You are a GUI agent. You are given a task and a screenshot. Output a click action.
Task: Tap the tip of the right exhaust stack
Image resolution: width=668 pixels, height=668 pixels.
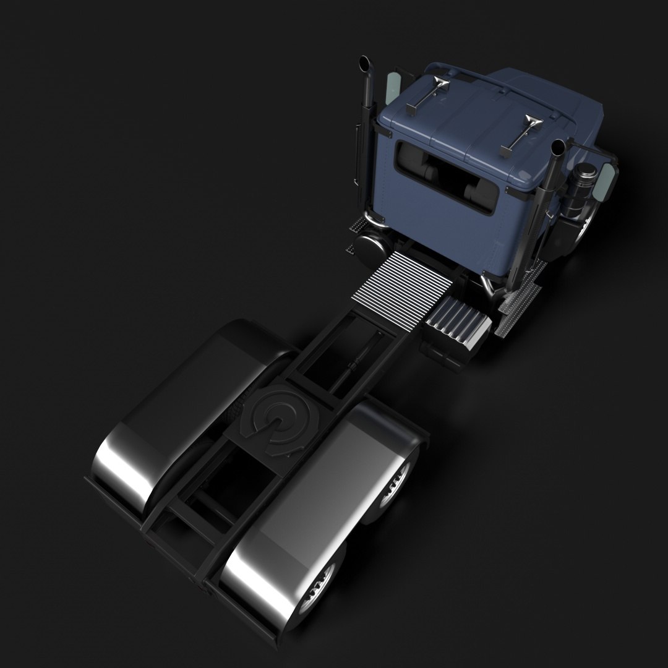tap(558, 148)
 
